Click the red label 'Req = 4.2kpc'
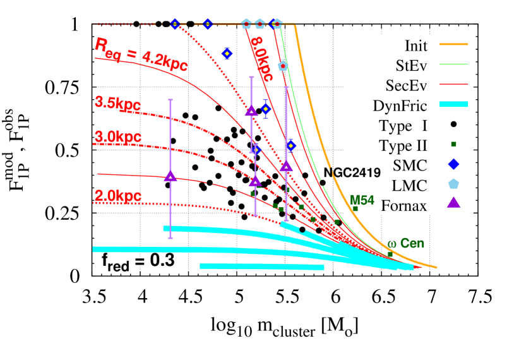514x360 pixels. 141,55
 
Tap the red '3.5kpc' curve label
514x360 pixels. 117,103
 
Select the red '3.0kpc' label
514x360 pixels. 117,136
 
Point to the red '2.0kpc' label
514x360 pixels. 117,196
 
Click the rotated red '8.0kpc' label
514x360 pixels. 261,59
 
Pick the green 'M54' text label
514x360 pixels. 362,200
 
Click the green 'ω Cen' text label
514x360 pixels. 405,244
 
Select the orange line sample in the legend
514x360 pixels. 453,44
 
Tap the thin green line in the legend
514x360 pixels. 453,64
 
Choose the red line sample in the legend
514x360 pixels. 453,84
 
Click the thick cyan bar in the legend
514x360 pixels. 453,104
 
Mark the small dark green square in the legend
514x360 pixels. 453,144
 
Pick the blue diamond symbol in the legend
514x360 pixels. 453,164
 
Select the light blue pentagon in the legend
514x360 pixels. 453,183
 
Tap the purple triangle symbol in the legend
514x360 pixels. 453,202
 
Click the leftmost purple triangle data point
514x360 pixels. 170,176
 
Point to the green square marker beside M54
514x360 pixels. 355,208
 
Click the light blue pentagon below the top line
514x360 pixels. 283,66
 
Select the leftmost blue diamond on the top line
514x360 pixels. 175,24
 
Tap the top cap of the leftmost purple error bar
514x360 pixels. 170,100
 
